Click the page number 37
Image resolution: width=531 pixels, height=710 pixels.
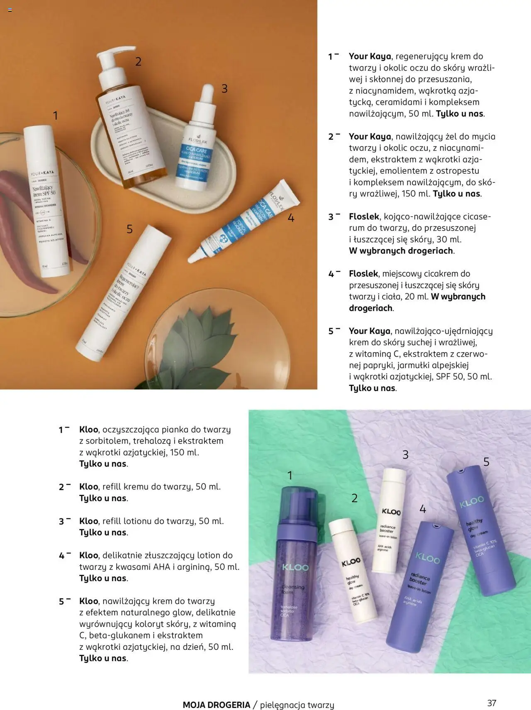pos(492,703)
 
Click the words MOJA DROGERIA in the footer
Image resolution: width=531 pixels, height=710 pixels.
pos(216,705)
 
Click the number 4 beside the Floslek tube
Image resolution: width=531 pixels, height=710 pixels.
pos(291,218)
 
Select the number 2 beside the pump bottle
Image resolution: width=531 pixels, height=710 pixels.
pos(138,62)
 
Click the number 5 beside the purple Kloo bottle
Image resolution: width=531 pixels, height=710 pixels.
pos(486,462)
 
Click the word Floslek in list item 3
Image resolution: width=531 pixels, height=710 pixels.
pos(364,216)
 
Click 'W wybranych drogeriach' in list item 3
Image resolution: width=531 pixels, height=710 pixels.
pos(401,251)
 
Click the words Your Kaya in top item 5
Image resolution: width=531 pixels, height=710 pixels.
pos(369,331)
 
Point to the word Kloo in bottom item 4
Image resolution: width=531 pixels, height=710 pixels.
pos(88,555)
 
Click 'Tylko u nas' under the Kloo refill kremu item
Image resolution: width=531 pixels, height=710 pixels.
pos(103,498)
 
